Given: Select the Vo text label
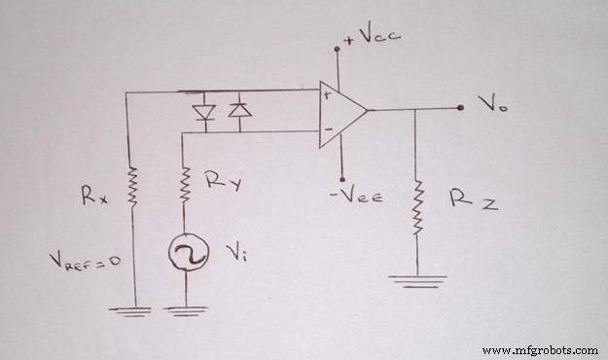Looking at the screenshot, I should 491,103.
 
